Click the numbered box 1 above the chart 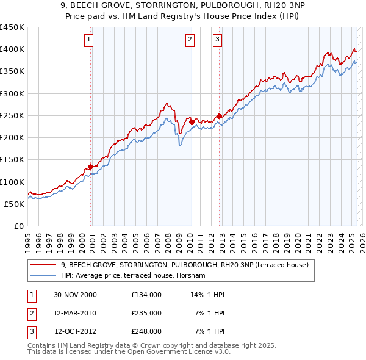[89, 40]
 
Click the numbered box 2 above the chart [190, 40]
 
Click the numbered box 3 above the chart [218, 40]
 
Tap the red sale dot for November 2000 [90, 167]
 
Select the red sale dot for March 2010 [191, 122]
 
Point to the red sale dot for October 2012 [218, 116]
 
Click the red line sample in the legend [43, 265]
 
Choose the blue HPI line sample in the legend [43, 275]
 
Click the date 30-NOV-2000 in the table [75, 295]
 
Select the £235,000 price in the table [146, 313]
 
